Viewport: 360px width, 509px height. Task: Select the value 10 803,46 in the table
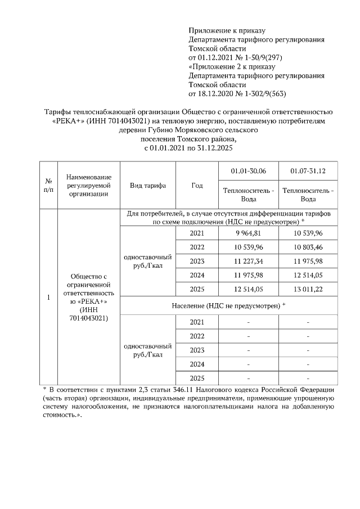point(308,247)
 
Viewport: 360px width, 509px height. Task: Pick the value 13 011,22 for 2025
point(308,290)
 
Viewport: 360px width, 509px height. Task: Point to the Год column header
point(197,186)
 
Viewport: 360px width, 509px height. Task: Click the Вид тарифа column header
point(147,186)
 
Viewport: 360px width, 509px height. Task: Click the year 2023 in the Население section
point(197,350)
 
